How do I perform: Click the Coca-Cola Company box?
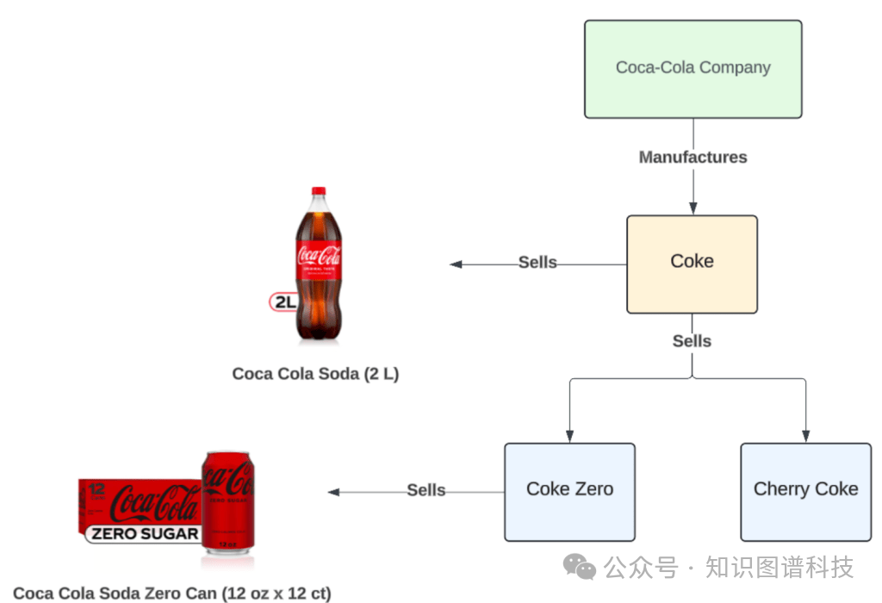tap(693, 69)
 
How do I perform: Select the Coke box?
tap(692, 264)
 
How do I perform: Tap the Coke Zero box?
tap(570, 492)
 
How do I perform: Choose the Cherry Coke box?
tap(805, 492)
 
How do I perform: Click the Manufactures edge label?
tap(693, 157)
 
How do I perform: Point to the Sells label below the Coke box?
tap(692, 341)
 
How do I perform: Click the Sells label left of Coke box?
tap(537, 262)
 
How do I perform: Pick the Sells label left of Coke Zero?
tap(426, 490)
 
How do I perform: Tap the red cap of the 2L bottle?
tap(319, 190)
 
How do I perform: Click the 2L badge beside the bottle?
tap(283, 302)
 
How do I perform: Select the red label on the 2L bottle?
tap(319, 259)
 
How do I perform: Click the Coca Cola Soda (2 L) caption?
tap(315, 374)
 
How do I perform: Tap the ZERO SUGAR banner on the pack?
tap(144, 533)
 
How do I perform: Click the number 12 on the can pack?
tap(96, 488)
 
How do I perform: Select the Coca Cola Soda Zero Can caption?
tap(172, 593)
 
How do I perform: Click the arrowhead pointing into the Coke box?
tap(693, 208)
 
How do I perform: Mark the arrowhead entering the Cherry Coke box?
tap(805, 437)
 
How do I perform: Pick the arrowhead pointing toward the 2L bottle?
tap(456, 264)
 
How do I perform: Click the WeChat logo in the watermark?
tap(580, 567)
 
